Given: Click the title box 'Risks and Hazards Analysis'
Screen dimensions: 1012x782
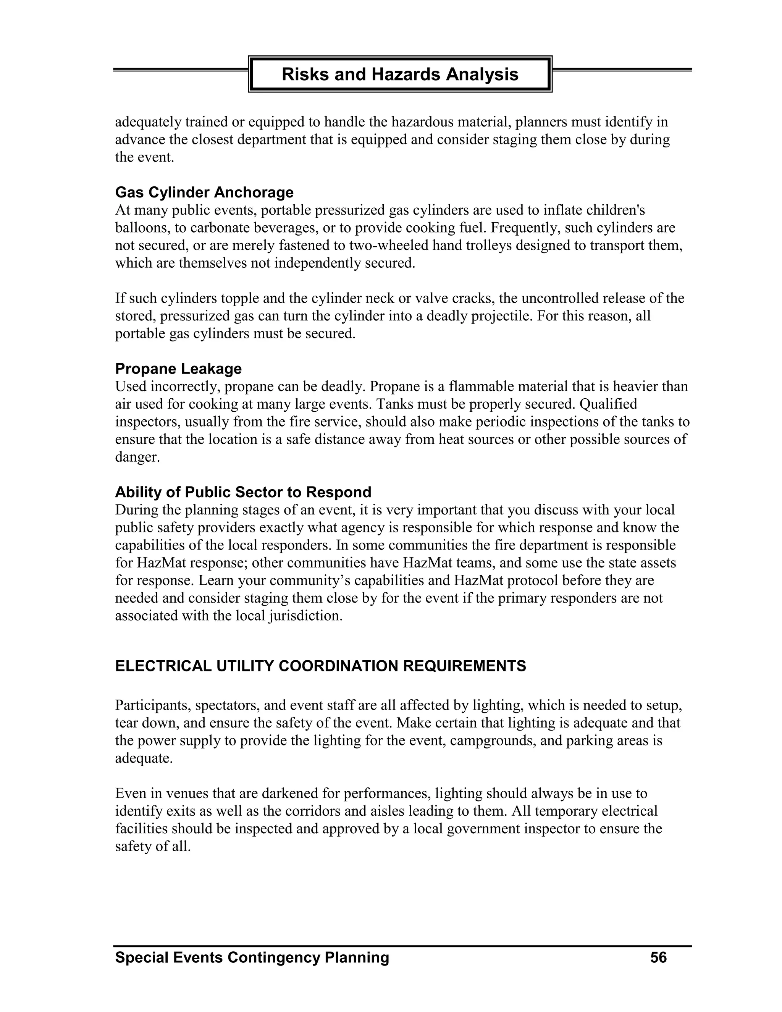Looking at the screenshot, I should [400, 74].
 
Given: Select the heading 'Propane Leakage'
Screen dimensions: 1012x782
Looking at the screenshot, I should [178, 369].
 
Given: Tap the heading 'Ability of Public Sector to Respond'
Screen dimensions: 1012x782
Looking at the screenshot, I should [243, 491].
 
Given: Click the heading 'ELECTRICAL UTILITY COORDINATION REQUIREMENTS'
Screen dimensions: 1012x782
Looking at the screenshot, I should [321, 666].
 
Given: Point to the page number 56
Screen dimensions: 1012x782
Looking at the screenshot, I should [658, 957].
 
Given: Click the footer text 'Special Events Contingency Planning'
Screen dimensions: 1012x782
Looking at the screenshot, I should [252, 957].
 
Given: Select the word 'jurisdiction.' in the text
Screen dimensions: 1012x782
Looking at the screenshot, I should [305, 616].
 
